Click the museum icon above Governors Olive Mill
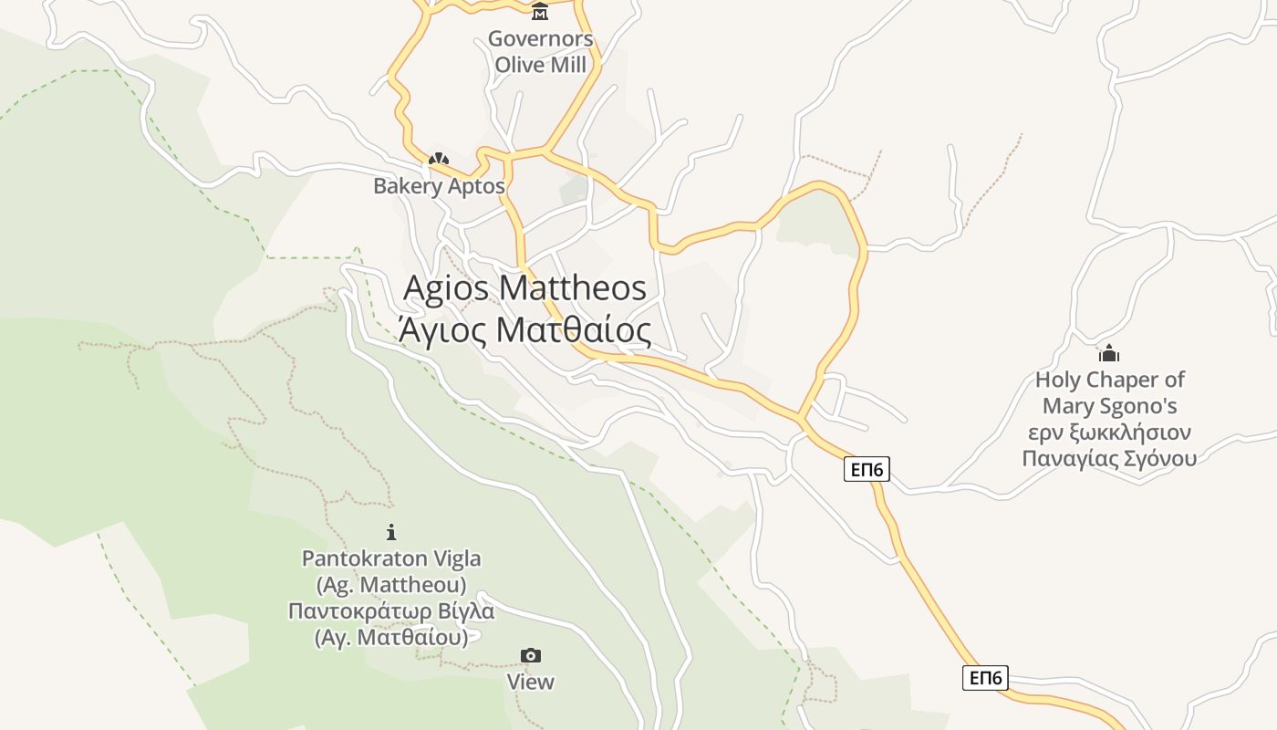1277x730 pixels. [x=540, y=12]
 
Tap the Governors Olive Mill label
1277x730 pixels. [x=540, y=51]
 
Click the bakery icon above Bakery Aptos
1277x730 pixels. [x=439, y=160]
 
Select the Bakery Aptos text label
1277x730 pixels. [x=439, y=186]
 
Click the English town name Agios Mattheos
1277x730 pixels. [x=524, y=288]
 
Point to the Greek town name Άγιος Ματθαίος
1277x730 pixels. [x=524, y=330]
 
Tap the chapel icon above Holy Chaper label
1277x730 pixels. [x=1109, y=353]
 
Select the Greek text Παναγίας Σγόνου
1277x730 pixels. [x=1109, y=458]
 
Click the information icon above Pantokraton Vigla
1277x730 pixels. [x=391, y=532]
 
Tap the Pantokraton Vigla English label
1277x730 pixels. [x=391, y=558]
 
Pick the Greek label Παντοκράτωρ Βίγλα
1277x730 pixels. [x=391, y=610]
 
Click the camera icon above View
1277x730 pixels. [x=530, y=655]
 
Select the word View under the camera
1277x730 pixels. [x=530, y=682]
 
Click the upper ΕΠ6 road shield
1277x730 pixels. [x=867, y=469]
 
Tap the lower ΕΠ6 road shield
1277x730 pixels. [x=985, y=678]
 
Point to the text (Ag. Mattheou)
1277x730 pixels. [x=391, y=584]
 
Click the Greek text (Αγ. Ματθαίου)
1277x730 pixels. [x=391, y=637]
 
